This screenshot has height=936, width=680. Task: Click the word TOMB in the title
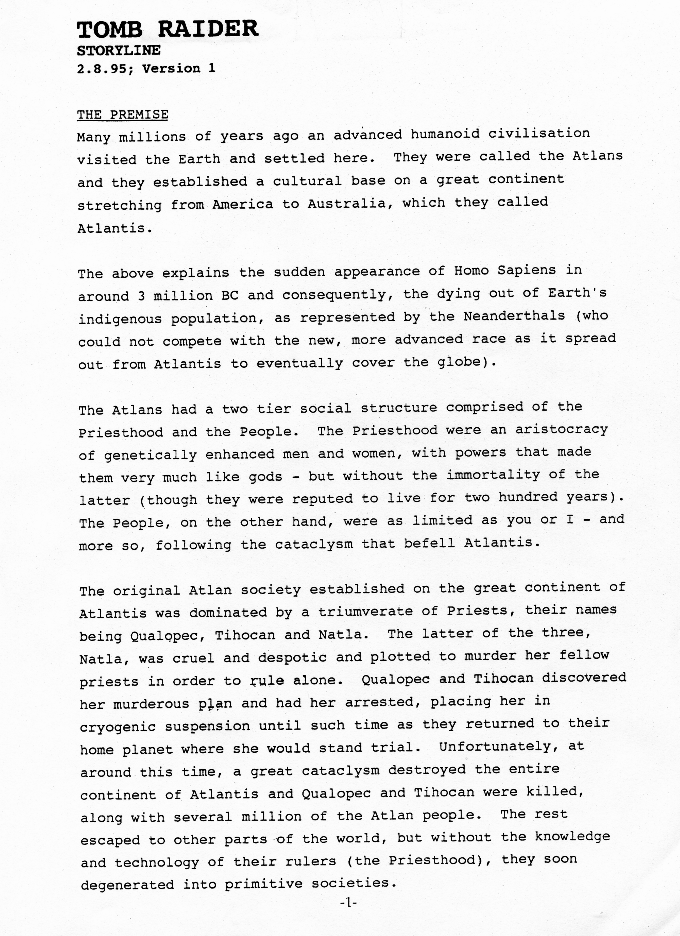pos(110,30)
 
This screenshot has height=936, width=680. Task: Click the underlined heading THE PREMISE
pos(123,115)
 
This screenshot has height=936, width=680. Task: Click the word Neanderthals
pos(514,316)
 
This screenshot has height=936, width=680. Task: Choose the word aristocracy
pos(562,430)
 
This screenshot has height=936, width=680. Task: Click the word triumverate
pos(365,611)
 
